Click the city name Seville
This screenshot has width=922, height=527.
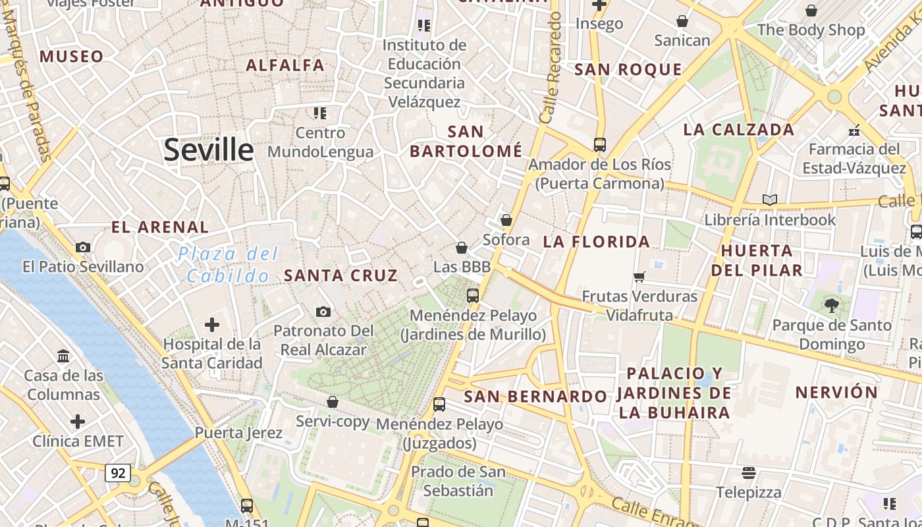(208, 150)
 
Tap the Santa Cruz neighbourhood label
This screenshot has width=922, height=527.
(340, 275)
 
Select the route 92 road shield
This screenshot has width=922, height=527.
(118, 472)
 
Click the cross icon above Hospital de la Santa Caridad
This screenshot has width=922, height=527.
(212, 325)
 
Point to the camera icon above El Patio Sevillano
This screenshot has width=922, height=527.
(83, 248)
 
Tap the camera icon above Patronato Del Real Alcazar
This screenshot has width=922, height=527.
(323, 312)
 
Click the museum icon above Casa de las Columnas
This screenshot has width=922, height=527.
(64, 356)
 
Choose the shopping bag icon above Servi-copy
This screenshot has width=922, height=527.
(333, 402)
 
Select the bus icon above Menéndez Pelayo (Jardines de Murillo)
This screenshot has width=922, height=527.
(473, 296)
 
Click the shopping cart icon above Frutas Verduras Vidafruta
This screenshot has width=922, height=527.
(639, 277)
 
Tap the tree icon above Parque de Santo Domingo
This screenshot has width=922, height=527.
(832, 305)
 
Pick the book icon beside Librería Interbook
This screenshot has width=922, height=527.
(769, 200)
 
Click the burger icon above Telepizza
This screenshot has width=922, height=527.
(748, 472)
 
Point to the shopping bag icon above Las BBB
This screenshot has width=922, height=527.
(462, 248)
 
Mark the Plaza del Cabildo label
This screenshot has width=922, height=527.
(229, 264)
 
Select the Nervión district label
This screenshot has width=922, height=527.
(836, 393)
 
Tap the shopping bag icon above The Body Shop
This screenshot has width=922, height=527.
(811, 11)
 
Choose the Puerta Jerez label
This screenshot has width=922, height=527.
(238, 433)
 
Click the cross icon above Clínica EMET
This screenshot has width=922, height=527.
(78, 422)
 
